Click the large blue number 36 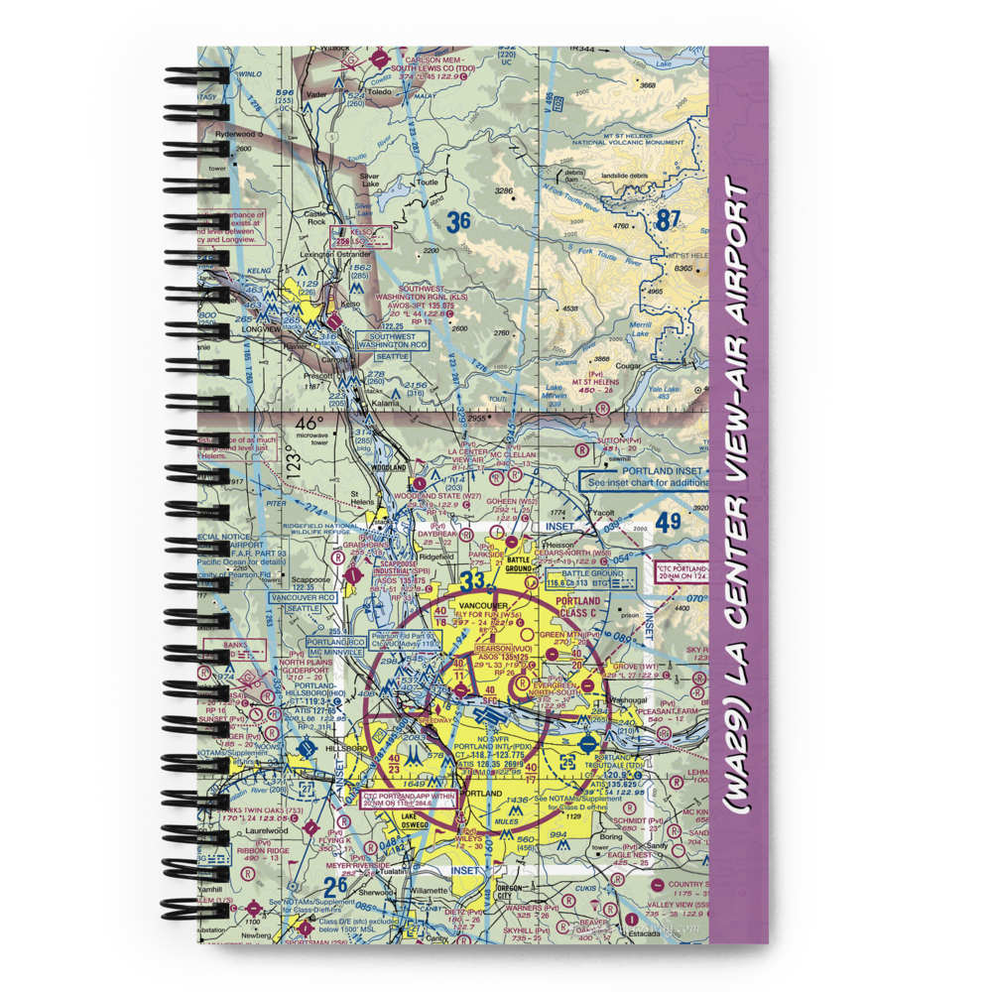pos(457,221)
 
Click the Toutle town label pos(427,183)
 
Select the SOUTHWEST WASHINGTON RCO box pos(393,340)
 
